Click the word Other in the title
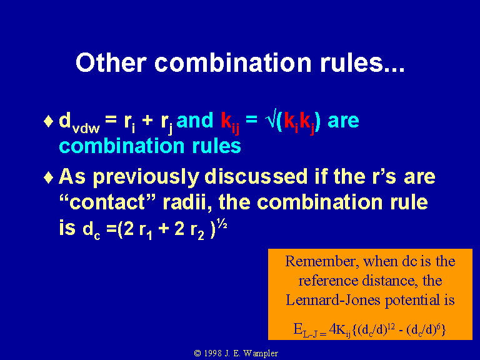point(111,62)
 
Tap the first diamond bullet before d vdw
point(48,121)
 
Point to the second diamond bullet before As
point(48,177)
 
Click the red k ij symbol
point(230,123)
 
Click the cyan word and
point(195,120)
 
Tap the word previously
point(146,178)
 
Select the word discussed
point(256,177)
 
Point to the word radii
point(187,202)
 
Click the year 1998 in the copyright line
point(212,353)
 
